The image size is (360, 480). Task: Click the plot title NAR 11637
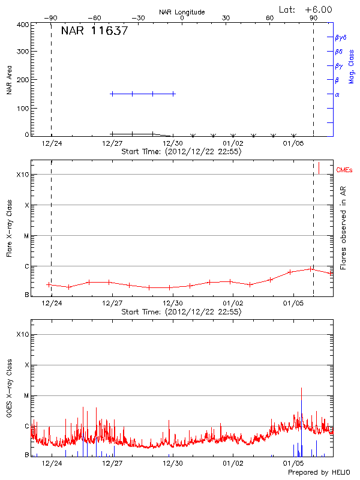pos(94,31)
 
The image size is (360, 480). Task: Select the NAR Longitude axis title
pos(182,12)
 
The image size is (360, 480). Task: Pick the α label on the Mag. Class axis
pos(337,95)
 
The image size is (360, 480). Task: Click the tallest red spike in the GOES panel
pos(301,389)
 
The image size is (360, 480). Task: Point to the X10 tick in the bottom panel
pos(22,334)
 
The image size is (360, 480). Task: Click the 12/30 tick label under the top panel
pos(173,143)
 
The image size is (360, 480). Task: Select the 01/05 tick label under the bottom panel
pos(293,464)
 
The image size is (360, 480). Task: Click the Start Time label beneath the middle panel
pos(181,312)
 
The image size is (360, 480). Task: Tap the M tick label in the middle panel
pos(26,236)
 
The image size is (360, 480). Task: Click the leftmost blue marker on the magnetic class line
pos(112,94)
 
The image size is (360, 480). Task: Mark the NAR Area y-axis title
pos(10,81)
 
